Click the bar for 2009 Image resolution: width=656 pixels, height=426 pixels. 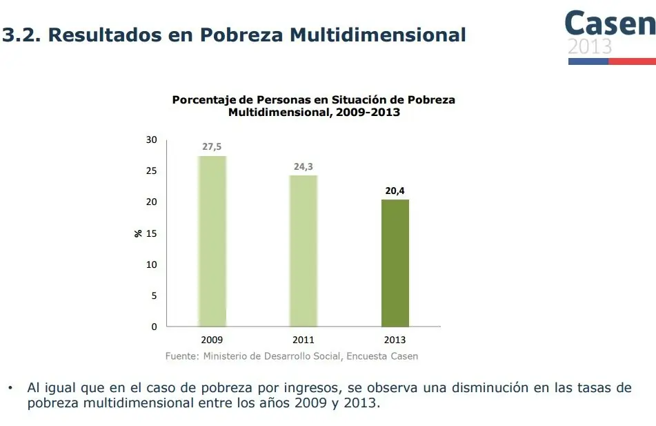(x=212, y=241)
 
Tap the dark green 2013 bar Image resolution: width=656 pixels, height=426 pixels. (x=395, y=263)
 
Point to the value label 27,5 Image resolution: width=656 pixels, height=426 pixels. (x=212, y=147)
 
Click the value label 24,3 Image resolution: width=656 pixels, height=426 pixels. (x=304, y=166)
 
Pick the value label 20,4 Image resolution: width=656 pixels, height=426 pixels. (x=395, y=191)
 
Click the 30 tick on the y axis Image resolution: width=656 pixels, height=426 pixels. (x=151, y=140)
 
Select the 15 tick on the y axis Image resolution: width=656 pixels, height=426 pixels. (x=151, y=233)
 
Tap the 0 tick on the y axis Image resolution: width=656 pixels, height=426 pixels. (x=154, y=327)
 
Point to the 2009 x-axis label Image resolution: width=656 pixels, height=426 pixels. (x=212, y=340)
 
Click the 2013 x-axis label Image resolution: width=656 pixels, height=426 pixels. (x=395, y=340)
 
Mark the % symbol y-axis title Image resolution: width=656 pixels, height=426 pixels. (x=138, y=233)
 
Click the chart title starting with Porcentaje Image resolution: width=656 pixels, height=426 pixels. (x=313, y=106)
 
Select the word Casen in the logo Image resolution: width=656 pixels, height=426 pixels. (x=610, y=24)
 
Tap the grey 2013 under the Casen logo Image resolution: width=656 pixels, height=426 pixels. (x=590, y=47)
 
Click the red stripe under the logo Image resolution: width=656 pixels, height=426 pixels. (x=632, y=61)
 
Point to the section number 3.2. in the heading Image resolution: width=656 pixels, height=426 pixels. (x=21, y=35)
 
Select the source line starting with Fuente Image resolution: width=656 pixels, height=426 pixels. (x=292, y=356)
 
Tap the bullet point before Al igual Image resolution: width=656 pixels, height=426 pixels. (x=10, y=388)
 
